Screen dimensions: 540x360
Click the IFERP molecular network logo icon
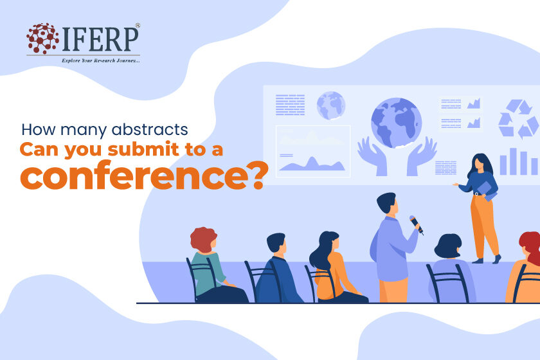(42, 38)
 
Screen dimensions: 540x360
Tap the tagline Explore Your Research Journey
(101, 60)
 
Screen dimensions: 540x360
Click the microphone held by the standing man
(417, 224)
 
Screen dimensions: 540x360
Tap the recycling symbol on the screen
(517, 118)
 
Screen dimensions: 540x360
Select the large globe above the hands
(397, 123)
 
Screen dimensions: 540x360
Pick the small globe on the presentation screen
(331, 105)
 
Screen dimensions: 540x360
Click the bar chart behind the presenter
(519, 161)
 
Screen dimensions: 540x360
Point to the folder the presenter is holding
(486, 192)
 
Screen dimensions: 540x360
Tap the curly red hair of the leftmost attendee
(203, 239)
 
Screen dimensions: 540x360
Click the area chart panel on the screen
(313, 152)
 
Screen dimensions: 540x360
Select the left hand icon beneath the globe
(373, 156)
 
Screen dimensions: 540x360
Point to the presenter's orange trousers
(484, 226)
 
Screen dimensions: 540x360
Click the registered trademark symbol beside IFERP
(138, 25)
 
